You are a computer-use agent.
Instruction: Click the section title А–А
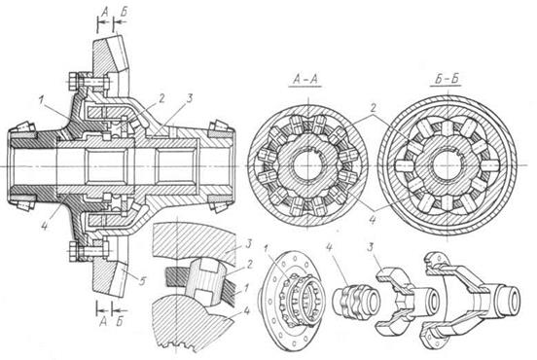click(305, 79)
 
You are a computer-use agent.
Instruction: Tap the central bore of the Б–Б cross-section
click(447, 165)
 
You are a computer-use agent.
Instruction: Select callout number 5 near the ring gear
click(142, 281)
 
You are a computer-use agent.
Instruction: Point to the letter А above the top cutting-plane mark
click(105, 12)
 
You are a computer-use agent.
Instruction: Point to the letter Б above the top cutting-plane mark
click(124, 12)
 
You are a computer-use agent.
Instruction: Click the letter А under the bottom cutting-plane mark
click(103, 321)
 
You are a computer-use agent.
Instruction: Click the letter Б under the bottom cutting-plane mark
click(120, 321)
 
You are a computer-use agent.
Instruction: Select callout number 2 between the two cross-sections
click(373, 108)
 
